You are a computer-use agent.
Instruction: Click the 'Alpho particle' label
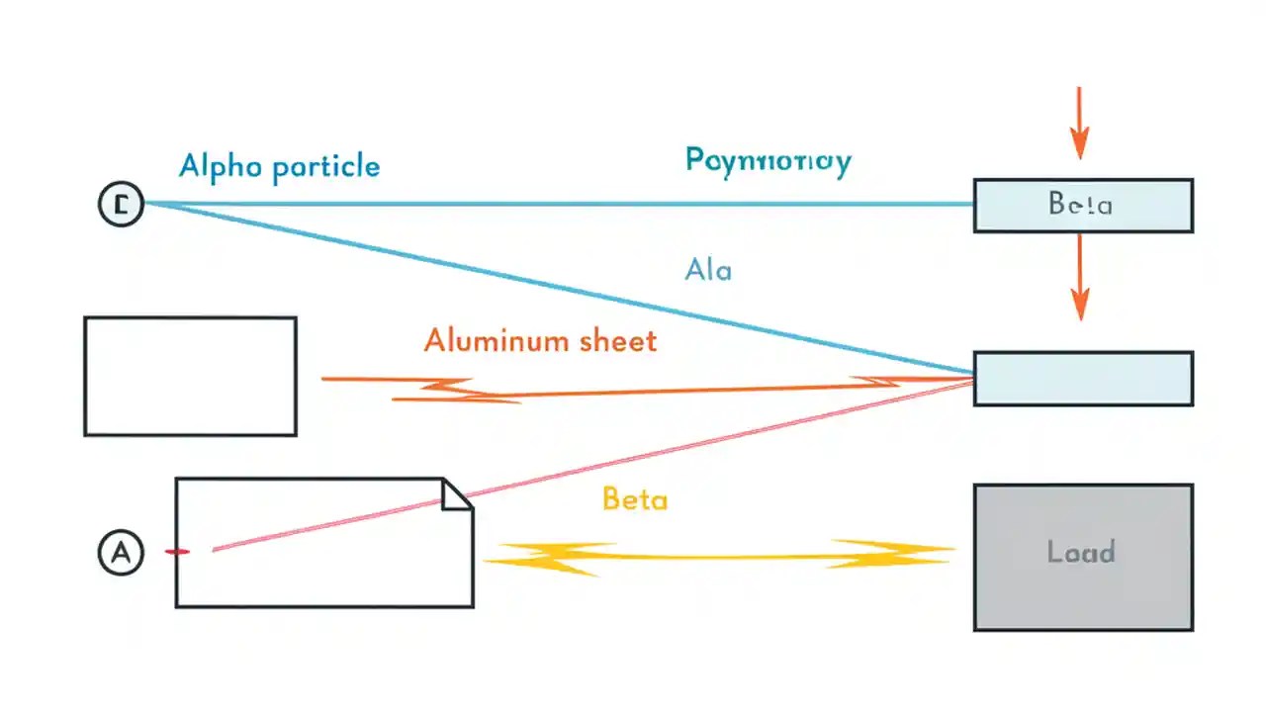[279, 166]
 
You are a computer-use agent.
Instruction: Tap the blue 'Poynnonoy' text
[768, 160]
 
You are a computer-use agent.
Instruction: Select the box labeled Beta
[1082, 206]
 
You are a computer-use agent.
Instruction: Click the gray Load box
[1082, 557]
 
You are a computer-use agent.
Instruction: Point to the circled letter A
[121, 553]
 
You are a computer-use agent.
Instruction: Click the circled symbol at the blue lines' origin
[121, 206]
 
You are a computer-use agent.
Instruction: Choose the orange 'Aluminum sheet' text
[540, 341]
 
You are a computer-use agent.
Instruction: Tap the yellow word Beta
[634, 499]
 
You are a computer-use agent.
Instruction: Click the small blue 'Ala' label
[708, 269]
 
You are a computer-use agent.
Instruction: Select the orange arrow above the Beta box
[1079, 124]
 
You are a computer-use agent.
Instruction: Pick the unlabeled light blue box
[1082, 379]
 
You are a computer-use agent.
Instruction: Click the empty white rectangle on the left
[190, 376]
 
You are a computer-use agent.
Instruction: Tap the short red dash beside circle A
[178, 551]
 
